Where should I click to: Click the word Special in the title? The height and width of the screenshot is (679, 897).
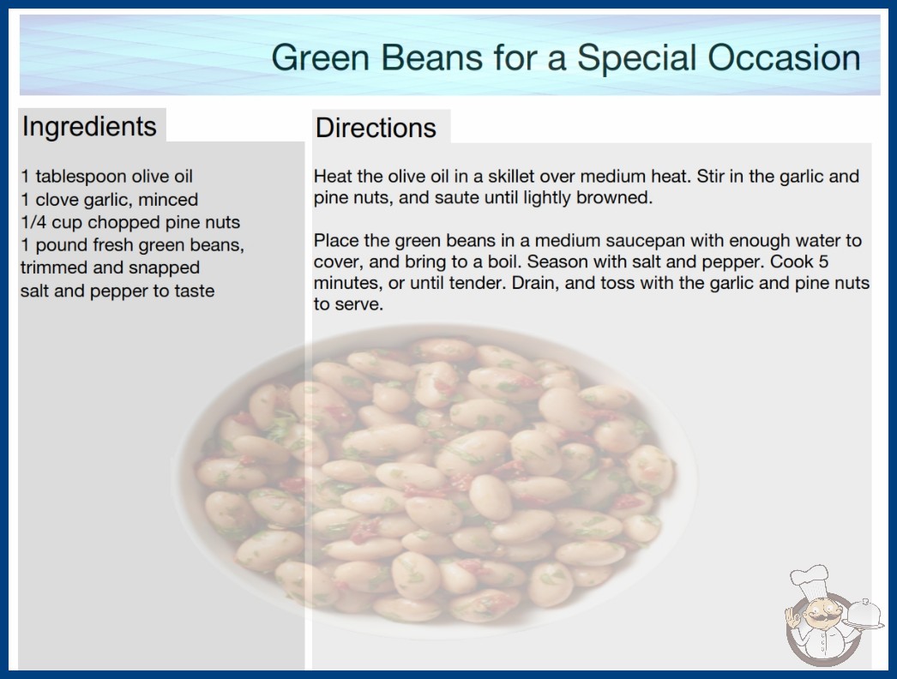click(x=637, y=59)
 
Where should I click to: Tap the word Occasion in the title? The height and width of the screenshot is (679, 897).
click(x=784, y=57)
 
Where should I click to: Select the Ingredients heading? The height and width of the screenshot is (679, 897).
click(x=89, y=127)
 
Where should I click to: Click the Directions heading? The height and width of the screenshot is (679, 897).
click(x=376, y=128)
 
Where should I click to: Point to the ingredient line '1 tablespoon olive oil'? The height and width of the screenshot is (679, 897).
click(x=107, y=177)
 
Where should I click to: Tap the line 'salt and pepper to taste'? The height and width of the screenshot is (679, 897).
click(x=117, y=291)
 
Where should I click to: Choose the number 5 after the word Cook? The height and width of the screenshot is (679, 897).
click(x=823, y=261)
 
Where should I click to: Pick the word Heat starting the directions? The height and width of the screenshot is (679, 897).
click(x=333, y=177)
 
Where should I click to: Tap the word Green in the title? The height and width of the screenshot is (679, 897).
click(x=321, y=57)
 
